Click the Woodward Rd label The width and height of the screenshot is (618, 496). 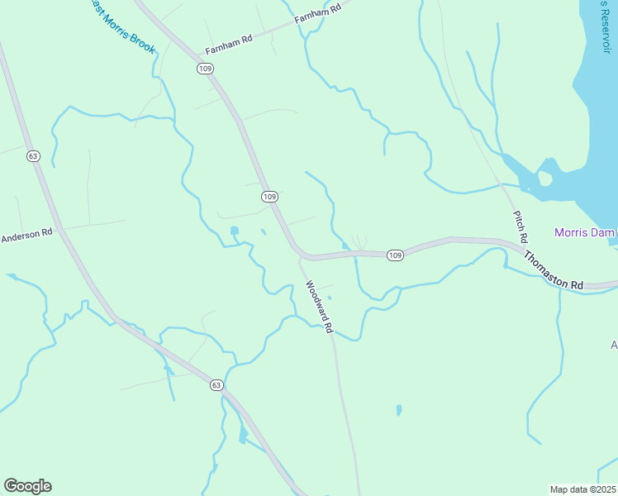(x=318, y=307)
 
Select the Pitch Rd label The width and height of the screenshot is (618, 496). (x=520, y=225)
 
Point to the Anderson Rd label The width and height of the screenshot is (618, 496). (x=26, y=235)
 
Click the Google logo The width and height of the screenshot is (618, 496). (x=27, y=486)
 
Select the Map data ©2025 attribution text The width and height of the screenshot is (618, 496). (x=583, y=489)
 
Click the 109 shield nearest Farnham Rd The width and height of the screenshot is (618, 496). (x=205, y=69)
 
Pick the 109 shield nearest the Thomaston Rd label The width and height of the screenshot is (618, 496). (x=395, y=255)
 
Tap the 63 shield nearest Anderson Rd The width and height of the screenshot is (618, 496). (x=33, y=155)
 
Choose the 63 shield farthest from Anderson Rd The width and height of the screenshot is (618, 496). (x=216, y=385)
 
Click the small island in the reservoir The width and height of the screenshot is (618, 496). (x=544, y=179)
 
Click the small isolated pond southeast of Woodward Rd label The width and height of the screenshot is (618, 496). (x=399, y=409)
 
